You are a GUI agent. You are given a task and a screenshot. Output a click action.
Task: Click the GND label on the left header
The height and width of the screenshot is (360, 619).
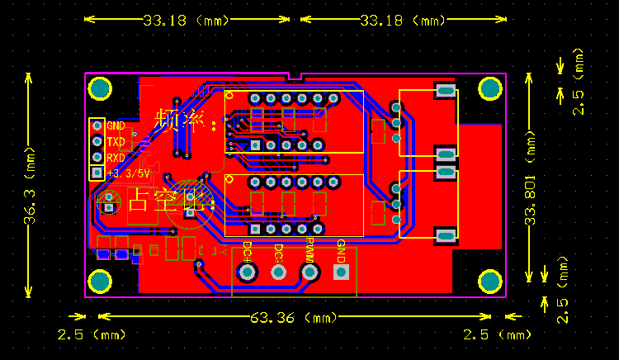(x=116, y=126)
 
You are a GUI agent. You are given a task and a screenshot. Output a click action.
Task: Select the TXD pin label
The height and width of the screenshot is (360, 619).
(x=116, y=142)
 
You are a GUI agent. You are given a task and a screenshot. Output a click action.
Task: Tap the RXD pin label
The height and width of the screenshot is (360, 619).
(x=116, y=158)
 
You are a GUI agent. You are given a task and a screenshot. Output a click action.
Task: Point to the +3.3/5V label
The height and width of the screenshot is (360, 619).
(x=128, y=173)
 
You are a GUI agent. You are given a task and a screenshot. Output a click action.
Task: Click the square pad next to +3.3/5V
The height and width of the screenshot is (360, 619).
(x=97, y=173)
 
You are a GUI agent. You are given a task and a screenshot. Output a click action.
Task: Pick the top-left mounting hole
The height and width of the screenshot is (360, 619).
(x=101, y=88)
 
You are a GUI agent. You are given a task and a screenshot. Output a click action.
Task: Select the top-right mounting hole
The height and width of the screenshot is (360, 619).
(x=490, y=88)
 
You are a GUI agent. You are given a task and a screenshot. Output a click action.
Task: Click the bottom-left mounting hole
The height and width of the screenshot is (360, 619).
(x=101, y=282)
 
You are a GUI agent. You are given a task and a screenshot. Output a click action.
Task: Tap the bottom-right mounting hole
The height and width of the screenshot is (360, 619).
(x=490, y=282)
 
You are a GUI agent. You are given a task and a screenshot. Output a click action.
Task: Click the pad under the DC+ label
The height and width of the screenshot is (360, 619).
(x=246, y=272)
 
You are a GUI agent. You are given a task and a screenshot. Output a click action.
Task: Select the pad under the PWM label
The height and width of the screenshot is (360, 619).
(x=309, y=272)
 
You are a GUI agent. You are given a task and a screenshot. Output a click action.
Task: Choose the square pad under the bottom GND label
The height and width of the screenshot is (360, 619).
(x=341, y=272)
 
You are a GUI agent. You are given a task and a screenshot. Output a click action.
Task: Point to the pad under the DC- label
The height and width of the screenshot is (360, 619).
(x=278, y=272)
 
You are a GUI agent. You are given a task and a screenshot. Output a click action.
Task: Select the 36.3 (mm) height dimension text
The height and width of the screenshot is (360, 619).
(x=30, y=186)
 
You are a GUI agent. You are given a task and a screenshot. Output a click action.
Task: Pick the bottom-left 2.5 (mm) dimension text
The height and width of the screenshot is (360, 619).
(x=90, y=334)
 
